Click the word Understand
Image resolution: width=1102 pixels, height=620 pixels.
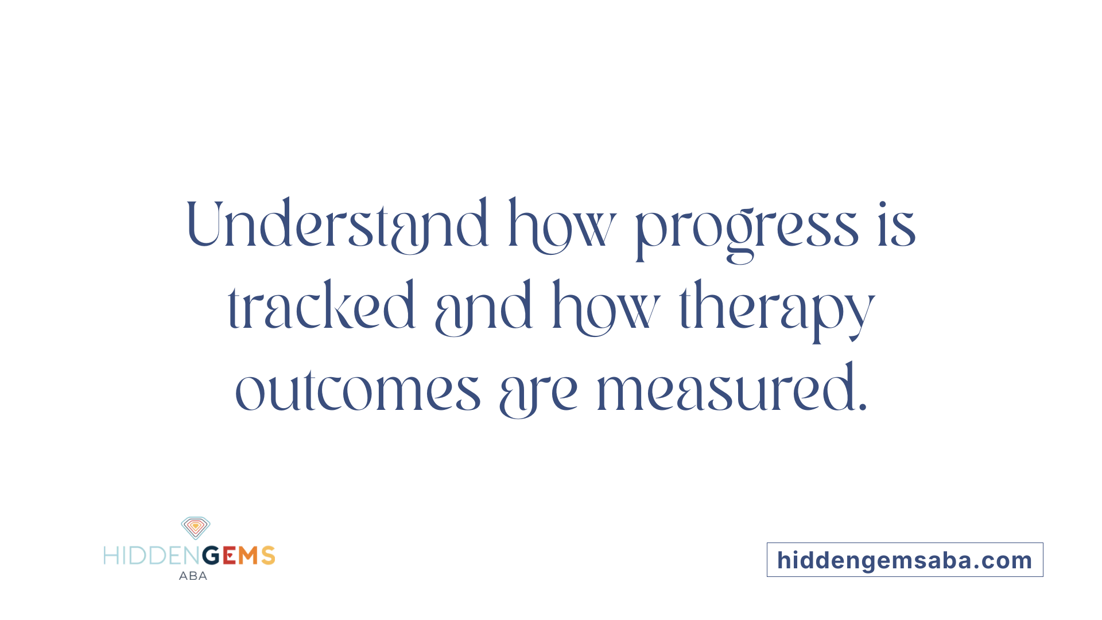[x=337, y=225]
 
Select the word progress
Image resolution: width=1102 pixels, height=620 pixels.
[x=747, y=230]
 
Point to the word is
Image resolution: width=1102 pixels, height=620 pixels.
[x=897, y=225]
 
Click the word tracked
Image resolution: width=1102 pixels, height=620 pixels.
[x=321, y=307]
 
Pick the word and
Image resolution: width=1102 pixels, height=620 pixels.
[x=484, y=309]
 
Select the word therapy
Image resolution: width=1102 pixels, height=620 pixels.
[x=777, y=310]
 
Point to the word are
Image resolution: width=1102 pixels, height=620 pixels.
[x=538, y=393]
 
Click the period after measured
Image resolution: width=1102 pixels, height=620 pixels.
[x=862, y=408]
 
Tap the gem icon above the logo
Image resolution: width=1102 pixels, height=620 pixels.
[x=196, y=527]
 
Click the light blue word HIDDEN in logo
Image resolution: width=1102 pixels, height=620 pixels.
[x=152, y=556]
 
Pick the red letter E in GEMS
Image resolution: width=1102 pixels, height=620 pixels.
[x=229, y=556]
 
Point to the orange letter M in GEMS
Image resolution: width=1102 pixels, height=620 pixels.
[x=249, y=556]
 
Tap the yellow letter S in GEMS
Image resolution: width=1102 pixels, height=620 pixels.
[x=268, y=556]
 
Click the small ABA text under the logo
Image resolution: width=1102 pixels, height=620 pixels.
[x=193, y=576]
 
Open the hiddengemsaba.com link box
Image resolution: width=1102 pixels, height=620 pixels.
[x=905, y=560]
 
